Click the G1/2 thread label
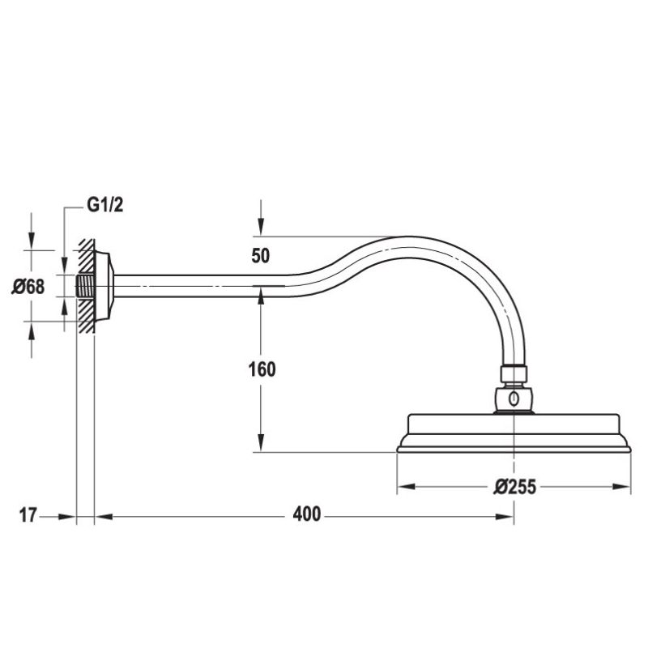pyautogui.click(x=104, y=205)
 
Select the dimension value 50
pyautogui.click(x=260, y=256)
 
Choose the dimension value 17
pyautogui.click(x=28, y=514)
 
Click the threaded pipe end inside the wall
pyautogui.click(x=85, y=286)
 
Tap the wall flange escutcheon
pyautogui.click(x=104, y=286)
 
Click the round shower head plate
pyautogui.click(x=514, y=433)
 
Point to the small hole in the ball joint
pyautogui.click(x=514, y=399)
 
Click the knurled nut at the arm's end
pyautogui.click(x=514, y=374)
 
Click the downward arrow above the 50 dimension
pyautogui.click(x=260, y=228)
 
